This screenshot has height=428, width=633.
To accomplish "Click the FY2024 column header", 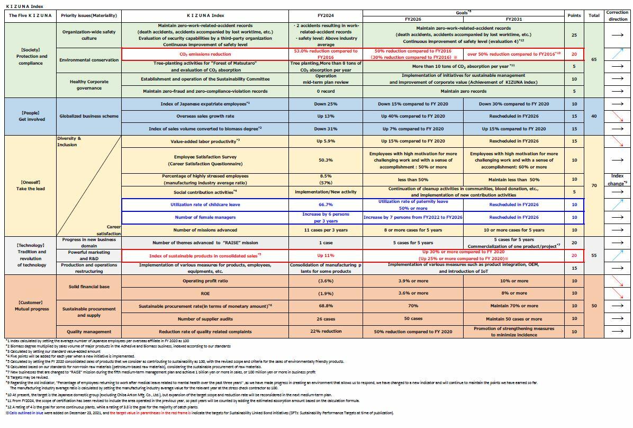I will [325, 15].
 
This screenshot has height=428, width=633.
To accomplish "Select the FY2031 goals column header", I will [513, 19].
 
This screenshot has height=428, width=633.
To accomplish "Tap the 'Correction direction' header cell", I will [617, 15].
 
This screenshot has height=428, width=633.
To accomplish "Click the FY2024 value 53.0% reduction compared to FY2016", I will [325, 54].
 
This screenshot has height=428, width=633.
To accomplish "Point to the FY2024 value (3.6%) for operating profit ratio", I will [325, 281].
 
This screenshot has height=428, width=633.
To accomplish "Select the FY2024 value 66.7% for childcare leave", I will [325, 204].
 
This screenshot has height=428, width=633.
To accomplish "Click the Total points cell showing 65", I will [594, 59].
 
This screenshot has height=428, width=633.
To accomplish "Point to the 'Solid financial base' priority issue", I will [89, 287].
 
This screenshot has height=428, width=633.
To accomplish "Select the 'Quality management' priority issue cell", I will [89, 332].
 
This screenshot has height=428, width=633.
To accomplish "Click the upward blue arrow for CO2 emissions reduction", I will [617, 54].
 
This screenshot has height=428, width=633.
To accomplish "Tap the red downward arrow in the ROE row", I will [617, 293].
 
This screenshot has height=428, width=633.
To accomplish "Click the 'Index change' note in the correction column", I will [617, 179].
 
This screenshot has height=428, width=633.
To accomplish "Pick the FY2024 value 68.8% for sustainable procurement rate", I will [325, 306].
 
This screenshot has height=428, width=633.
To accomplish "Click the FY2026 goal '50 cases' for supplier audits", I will [413, 319].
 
